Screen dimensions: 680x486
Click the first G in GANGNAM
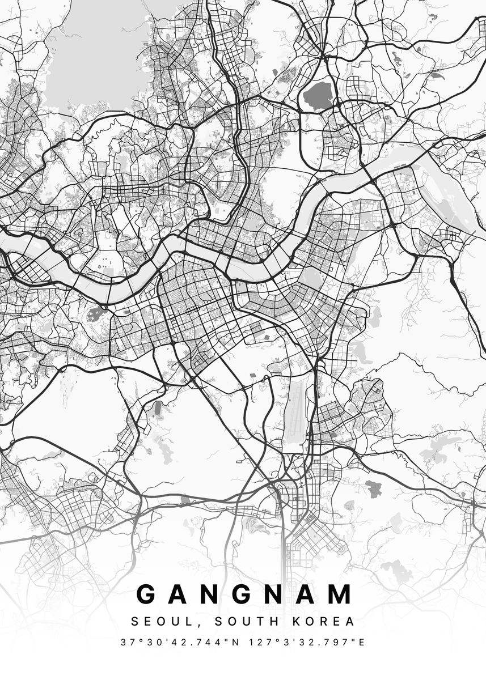[x=146, y=594]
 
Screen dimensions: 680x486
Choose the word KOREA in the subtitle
[x=324, y=622]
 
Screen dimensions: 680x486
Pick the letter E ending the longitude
[x=362, y=643]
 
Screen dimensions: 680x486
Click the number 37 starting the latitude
[x=126, y=643]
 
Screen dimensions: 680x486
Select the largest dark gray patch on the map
[x=319, y=96]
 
